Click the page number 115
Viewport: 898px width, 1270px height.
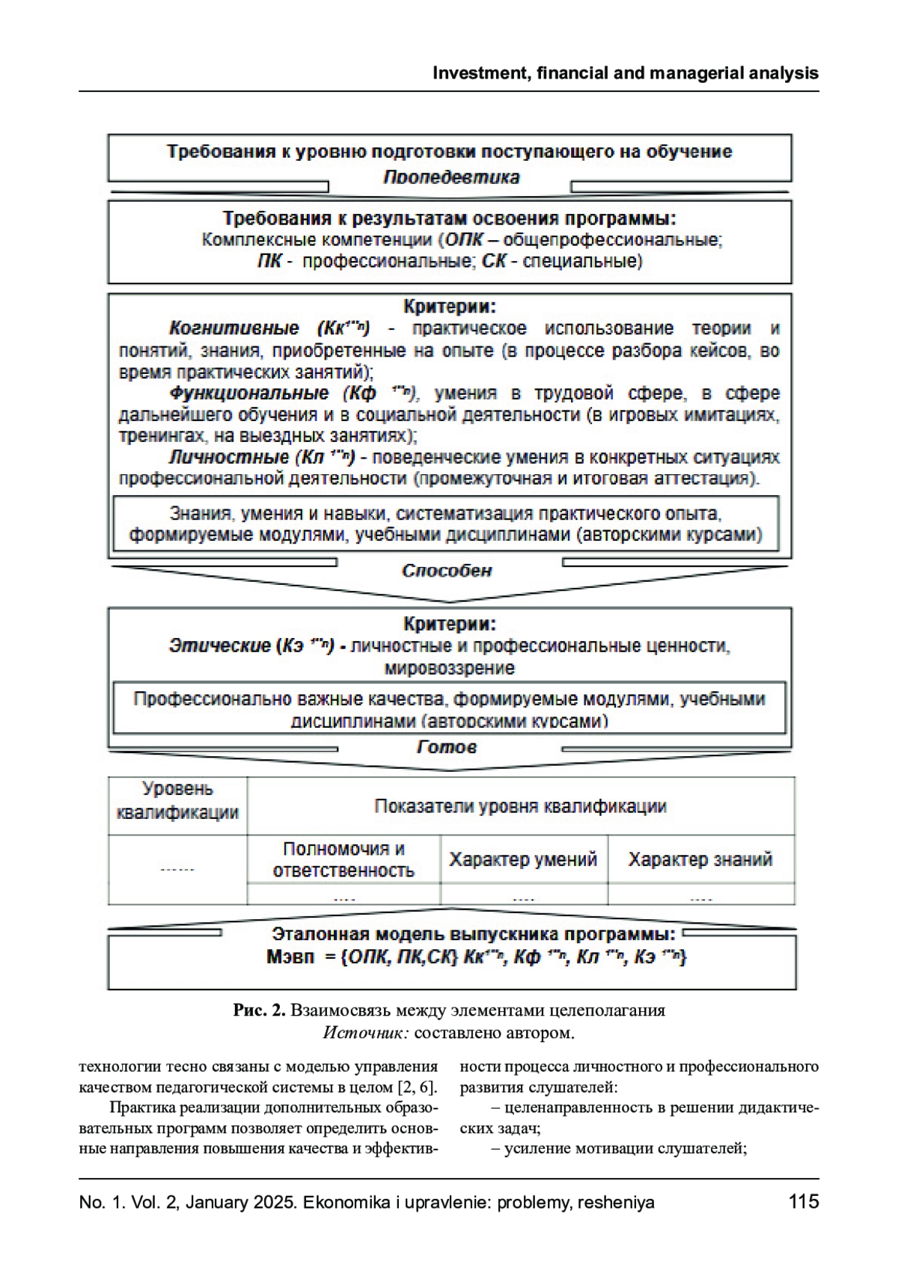[804, 1201]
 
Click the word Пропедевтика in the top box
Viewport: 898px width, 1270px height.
[451, 177]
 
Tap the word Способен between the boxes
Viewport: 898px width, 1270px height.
[447, 571]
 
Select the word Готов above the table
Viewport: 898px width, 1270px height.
[447, 746]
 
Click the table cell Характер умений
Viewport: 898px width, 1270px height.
[523, 859]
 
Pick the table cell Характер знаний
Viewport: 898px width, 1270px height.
[700, 859]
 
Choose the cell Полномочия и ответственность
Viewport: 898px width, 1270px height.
[343, 859]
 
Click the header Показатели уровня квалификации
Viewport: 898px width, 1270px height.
[520, 806]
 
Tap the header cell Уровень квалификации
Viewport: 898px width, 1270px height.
[177, 800]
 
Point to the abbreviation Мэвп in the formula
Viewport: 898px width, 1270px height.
[290, 957]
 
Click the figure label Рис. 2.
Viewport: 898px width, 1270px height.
[259, 1010]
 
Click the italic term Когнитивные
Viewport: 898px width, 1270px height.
[233, 328]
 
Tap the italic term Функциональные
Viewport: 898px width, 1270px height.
[249, 393]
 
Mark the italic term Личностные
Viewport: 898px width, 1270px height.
[229, 457]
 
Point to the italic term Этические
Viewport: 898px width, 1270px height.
[219, 645]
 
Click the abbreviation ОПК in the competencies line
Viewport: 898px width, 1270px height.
[463, 240]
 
